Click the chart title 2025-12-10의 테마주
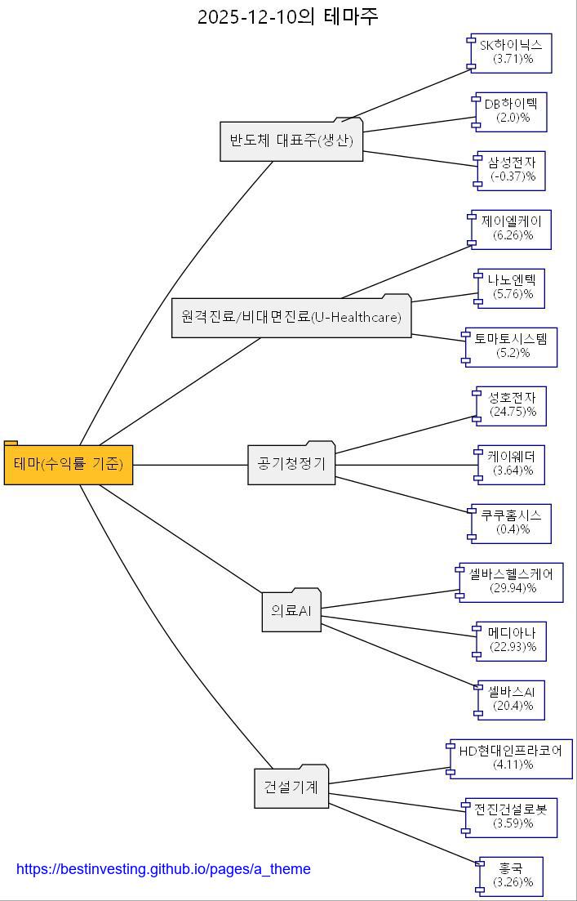(288, 16)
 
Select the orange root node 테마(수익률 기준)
(69, 465)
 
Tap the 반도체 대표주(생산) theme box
(291, 141)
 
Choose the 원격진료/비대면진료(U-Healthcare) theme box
(291, 317)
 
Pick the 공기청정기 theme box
(291, 464)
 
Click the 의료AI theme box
(291, 611)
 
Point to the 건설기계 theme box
(291, 787)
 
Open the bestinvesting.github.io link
(163, 869)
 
